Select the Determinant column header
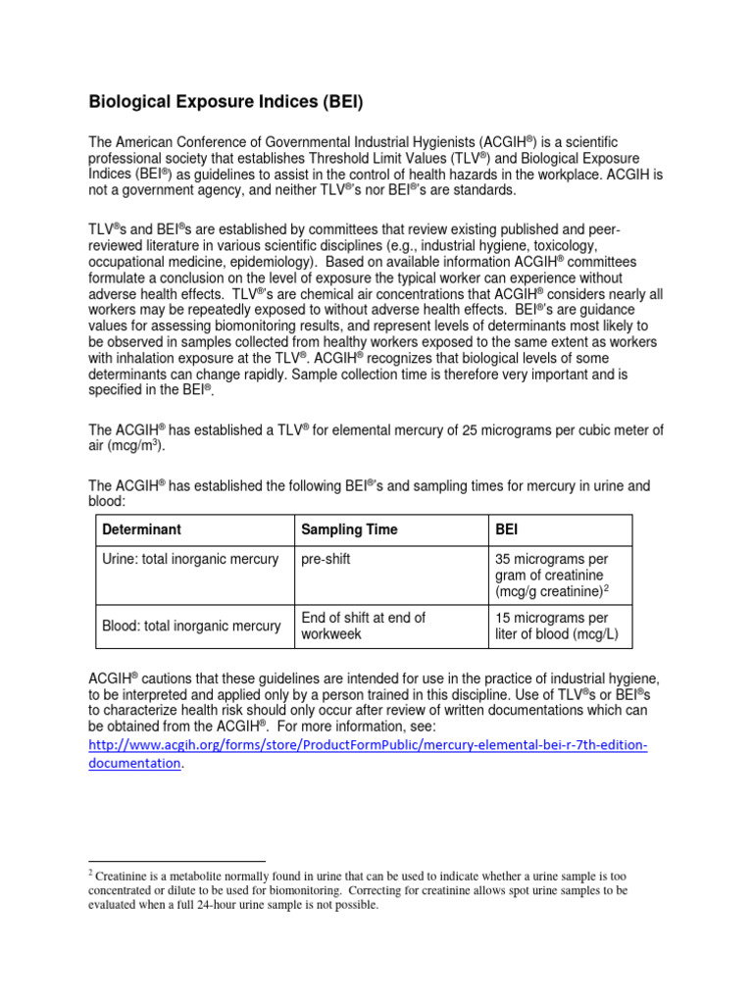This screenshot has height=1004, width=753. (141, 529)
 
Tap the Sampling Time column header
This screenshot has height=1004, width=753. (349, 529)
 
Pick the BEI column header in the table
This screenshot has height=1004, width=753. (507, 529)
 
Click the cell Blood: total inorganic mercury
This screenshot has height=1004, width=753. (191, 626)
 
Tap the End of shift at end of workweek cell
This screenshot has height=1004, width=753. (363, 626)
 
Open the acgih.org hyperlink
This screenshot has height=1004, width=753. (368, 746)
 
